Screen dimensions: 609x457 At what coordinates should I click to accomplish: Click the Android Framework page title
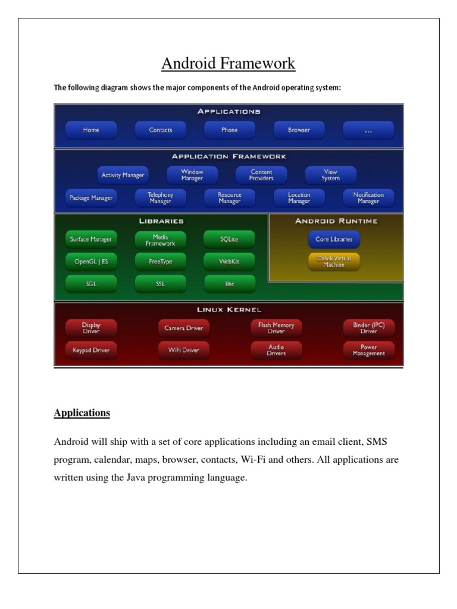[x=229, y=64]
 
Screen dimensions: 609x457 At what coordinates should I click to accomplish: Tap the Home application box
[x=90, y=130]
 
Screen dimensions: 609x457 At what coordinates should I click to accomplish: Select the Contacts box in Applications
[x=161, y=130]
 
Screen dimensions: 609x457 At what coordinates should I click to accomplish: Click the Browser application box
[x=299, y=130]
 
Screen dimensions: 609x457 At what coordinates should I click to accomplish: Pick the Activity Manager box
[x=123, y=175]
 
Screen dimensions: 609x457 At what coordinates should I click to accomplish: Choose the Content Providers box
[x=261, y=175]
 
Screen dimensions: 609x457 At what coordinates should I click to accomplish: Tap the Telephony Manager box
[x=160, y=198]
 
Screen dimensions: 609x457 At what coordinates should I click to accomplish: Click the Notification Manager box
[x=368, y=198]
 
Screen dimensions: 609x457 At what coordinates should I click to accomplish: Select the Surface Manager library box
[x=90, y=240]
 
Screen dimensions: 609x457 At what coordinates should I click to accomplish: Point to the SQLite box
[x=229, y=240]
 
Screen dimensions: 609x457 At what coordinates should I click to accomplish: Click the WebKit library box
[x=229, y=262]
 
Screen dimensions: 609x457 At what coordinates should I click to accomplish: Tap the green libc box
[x=229, y=284]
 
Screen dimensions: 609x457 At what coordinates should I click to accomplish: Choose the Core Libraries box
[x=334, y=240]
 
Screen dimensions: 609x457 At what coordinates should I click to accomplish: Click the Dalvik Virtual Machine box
[x=334, y=262]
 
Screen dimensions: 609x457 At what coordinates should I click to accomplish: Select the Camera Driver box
[x=183, y=328]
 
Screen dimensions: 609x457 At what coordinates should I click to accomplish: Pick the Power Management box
[x=368, y=350]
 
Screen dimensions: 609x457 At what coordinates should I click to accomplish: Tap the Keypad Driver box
[x=90, y=350]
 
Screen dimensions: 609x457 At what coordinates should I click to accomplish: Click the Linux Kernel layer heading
[x=229, y=310]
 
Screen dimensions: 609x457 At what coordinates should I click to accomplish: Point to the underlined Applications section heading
[x=82, y=413]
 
